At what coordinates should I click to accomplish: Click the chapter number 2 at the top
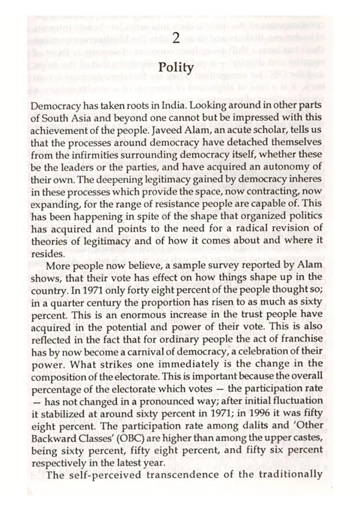pyautogui.click(x=175, y=39)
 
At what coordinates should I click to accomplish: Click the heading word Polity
pyautogui.click(x=175, y=68)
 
